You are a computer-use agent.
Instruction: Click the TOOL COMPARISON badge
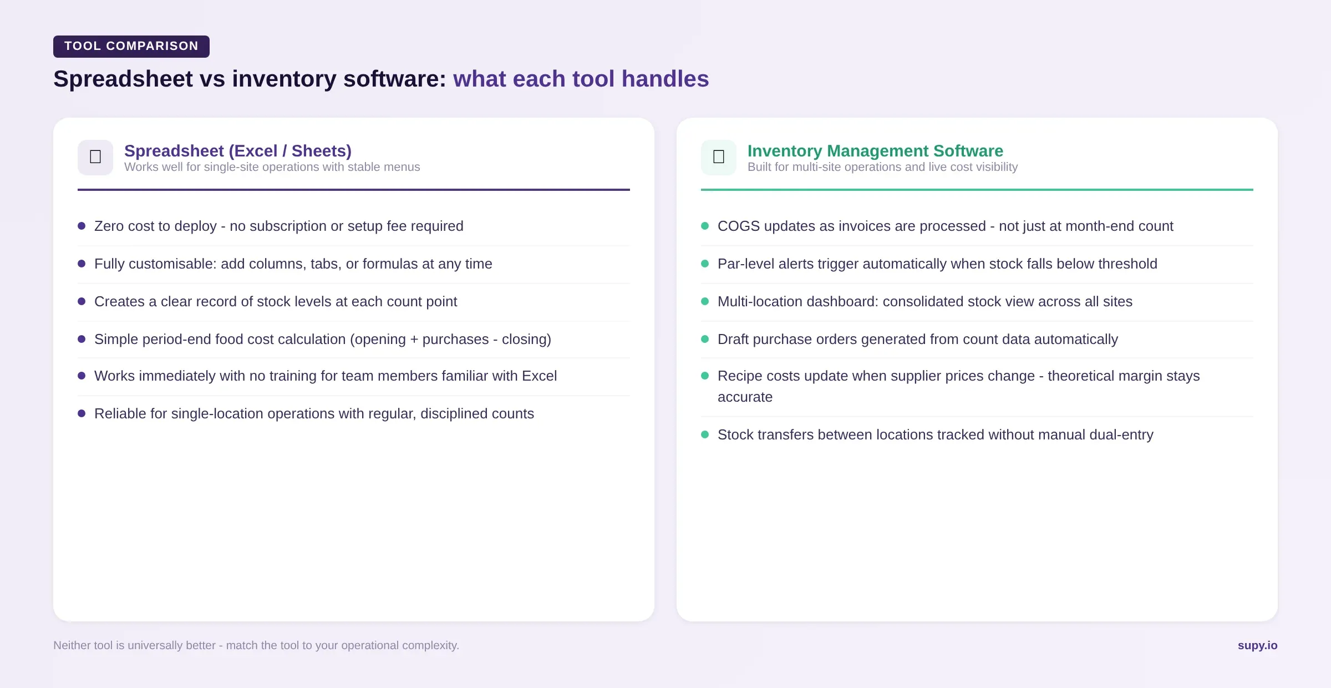click(x=131, y=46)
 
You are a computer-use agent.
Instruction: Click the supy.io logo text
click(x=1257, y=645)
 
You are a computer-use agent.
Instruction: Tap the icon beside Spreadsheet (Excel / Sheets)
click(x=95, y=157)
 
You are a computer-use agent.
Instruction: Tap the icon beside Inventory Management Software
click(x=719, y=157)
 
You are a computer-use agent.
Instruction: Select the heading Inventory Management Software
click(x=875, y=151)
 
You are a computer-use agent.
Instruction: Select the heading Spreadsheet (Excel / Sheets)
click(x=238, y=151)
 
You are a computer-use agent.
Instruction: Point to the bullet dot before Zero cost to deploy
click(x=82, y=226)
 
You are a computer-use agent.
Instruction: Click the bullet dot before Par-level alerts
click(x=705, y=264)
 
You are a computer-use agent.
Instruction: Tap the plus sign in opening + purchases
click(x=414, y=340)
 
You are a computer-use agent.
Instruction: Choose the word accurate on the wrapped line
click(x=745, y=397)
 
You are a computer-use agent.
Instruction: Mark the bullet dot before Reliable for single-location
click(x=82, y=413)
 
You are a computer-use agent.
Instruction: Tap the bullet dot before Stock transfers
click(x=705, y=434)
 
